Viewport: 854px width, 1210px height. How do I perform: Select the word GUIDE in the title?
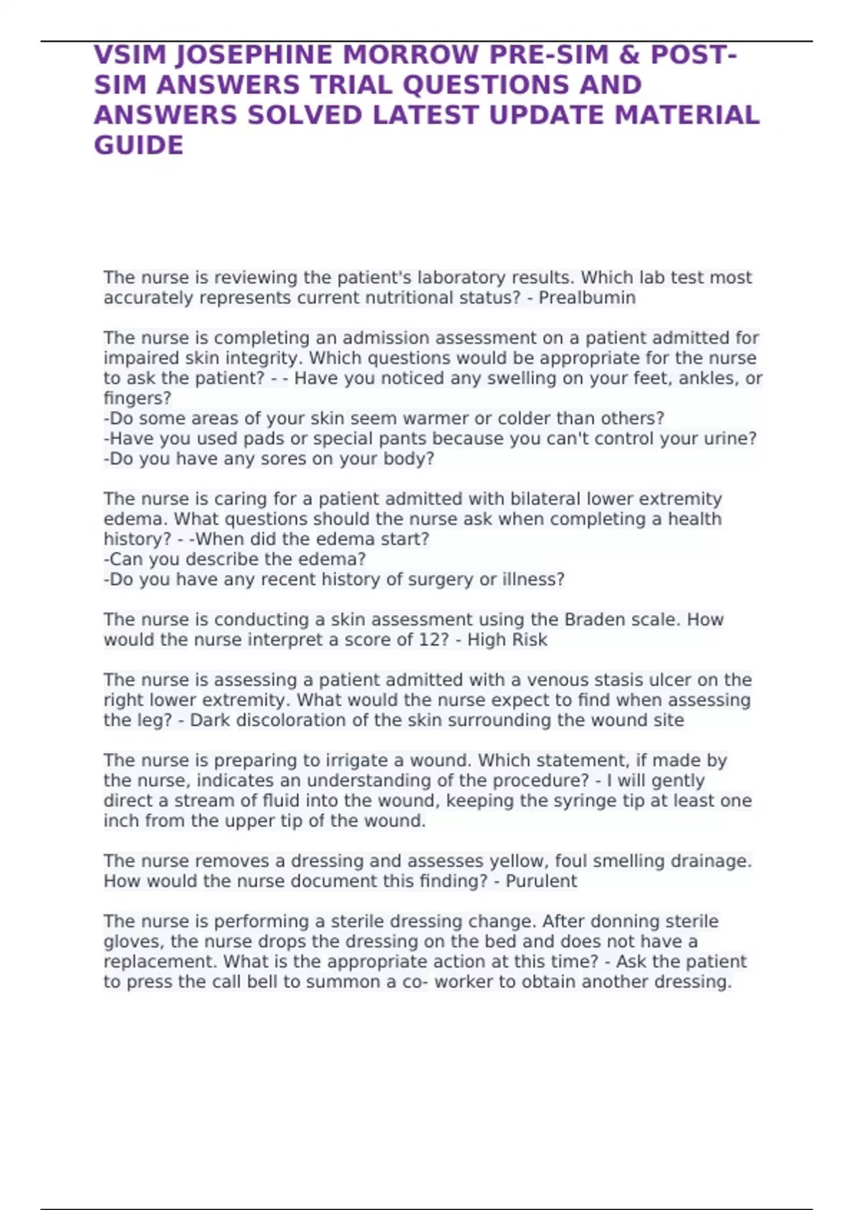pos(139,145)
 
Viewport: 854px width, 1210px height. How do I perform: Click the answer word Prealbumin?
pos(587,298)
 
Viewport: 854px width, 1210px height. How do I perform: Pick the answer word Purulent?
pos(541,881)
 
